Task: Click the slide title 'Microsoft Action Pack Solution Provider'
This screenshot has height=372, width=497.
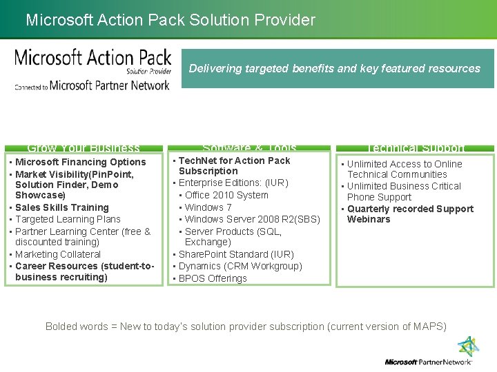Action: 170,20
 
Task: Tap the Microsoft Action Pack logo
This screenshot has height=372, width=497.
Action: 92,68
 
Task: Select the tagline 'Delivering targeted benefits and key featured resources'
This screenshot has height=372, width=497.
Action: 334,68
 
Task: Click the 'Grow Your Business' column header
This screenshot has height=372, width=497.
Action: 84,147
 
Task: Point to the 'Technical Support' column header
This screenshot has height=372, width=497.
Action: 415,147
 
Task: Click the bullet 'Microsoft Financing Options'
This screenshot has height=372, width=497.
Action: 81,163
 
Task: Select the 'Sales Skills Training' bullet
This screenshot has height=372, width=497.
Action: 62,207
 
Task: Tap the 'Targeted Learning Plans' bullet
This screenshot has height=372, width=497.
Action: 68,219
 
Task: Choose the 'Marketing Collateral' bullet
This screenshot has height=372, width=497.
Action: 58,254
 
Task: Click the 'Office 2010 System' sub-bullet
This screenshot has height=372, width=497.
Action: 226,195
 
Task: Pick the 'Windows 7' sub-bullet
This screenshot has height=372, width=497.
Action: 208,207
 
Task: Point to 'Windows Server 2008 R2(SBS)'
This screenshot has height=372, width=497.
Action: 253,219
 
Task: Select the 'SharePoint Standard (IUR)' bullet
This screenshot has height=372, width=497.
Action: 236,254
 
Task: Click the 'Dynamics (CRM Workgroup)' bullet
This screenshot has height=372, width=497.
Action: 240,266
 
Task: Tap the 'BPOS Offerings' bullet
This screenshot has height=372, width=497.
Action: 213,278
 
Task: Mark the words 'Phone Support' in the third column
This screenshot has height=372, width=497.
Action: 379,197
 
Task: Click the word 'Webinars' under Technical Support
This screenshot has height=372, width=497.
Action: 369,219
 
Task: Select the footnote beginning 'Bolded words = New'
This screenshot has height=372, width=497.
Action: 246,326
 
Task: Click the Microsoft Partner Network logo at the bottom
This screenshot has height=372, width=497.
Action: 429,353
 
